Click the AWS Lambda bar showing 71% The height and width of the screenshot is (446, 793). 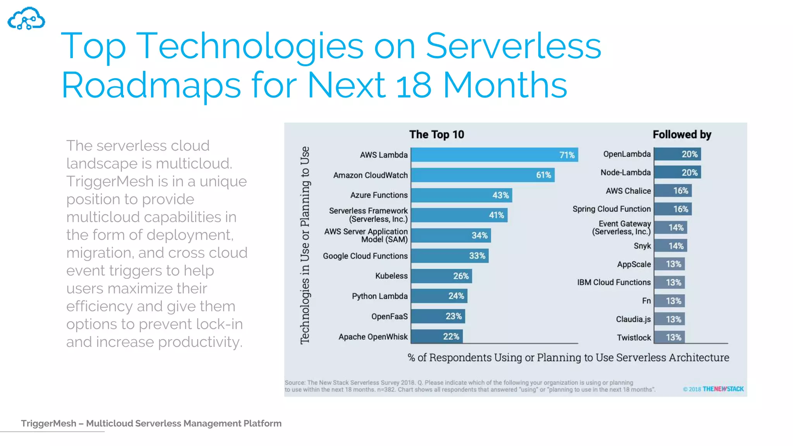[494, 154]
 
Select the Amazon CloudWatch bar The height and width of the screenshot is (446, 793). [482, 175]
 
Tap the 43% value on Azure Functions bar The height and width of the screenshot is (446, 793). [500, 195]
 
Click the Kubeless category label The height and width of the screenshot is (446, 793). [391, 276]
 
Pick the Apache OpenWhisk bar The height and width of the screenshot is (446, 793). [436, 336]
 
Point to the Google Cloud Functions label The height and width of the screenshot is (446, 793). [365, 256]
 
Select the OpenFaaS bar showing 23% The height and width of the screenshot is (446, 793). [438, 316]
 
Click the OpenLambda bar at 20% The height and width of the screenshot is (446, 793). [677, 154]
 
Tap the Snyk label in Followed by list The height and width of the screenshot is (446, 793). [642, 246]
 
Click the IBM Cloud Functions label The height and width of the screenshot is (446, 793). [614, 282]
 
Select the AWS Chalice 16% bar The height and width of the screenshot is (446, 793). [673, 190]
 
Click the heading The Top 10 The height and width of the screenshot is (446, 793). [436, 134]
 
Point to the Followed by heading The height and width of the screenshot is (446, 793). [682, 134]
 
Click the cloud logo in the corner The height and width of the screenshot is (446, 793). [26, 19]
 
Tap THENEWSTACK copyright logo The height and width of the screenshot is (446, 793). [723, 389]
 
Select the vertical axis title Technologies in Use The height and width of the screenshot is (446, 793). [305, 245]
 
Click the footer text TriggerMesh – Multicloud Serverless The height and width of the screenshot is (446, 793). [151, 423]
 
